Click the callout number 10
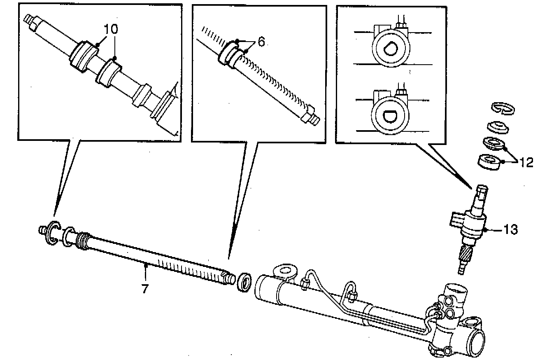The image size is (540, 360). pyautogui.click(x=111, y=29)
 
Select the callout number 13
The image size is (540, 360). pyautogui.click(x=510, y=229)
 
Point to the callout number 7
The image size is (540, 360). pyautogui.click(x=144, y=289)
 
